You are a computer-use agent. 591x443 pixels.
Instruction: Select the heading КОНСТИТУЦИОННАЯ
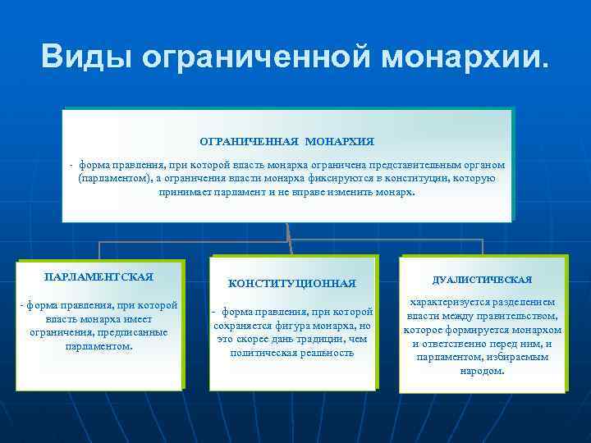coord(292,283)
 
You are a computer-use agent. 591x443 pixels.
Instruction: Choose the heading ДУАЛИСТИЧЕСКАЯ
coord(483,280)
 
